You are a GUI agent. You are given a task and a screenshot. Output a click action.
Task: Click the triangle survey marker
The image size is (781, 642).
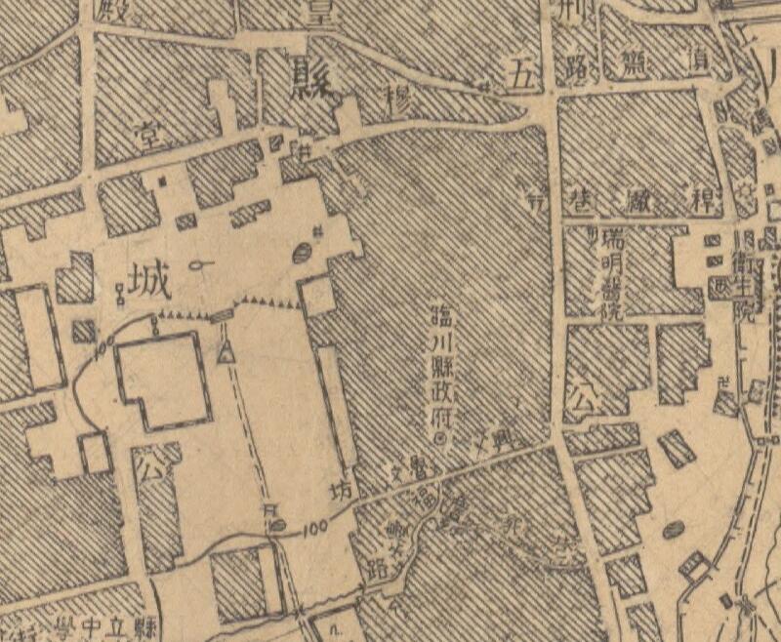tap(226, 354)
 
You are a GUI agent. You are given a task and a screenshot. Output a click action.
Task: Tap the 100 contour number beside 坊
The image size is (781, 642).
tap(313, 529)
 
